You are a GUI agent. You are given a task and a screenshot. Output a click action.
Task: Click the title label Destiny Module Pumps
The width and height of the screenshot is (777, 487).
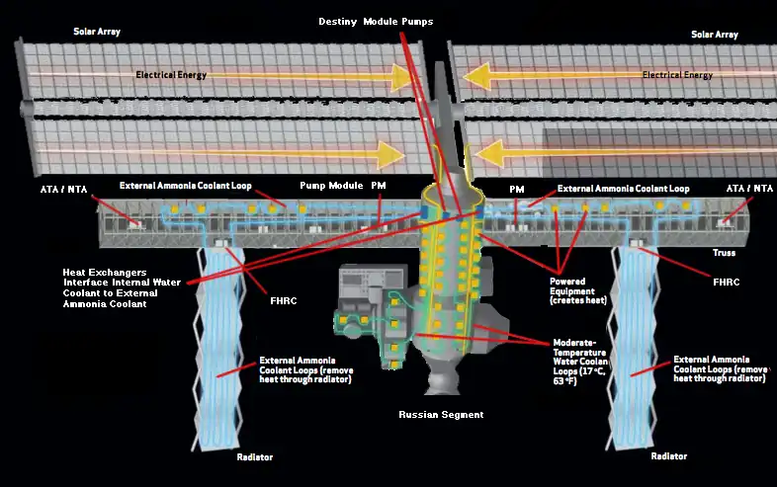pos(376,22)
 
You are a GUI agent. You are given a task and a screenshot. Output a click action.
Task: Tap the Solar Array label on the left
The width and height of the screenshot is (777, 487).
pos(96,32)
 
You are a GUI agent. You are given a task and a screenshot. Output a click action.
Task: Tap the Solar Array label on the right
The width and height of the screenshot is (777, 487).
pos(716,35)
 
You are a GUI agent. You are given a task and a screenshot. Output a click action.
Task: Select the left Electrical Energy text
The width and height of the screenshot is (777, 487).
pos(176,74)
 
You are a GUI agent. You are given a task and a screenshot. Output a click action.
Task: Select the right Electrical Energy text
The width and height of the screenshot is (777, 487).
pos(677,74)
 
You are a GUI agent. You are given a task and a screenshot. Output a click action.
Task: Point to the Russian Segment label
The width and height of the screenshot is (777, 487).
pos(441,415)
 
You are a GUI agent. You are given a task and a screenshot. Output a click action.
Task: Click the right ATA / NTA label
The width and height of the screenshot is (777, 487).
pos(749,188)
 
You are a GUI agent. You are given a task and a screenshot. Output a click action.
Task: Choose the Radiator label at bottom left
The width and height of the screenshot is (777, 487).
pos(254,457)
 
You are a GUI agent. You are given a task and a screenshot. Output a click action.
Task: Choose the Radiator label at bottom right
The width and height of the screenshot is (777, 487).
pos(670,456)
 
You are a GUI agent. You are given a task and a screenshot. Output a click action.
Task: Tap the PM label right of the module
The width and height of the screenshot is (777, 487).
pos(516,188)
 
